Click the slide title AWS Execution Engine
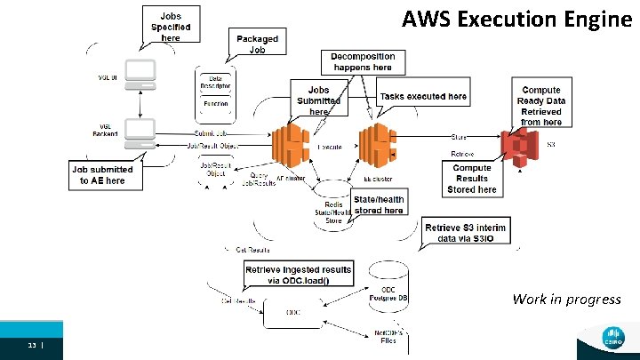516,19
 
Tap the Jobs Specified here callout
169,27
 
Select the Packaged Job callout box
257,44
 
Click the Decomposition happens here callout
362,61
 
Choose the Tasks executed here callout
422,97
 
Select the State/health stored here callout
381,205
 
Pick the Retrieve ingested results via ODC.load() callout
298,275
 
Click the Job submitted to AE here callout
103,175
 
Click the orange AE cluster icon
289,146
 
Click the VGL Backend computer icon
140,132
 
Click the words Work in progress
566,299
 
